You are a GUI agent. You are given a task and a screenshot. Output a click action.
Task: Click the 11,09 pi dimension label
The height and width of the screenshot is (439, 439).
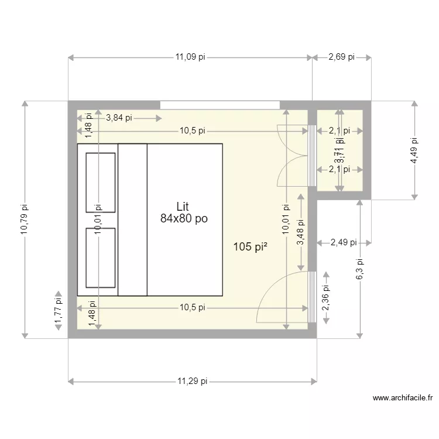pos(190,57)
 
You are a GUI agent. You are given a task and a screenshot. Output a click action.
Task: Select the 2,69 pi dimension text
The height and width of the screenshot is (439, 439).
pos(341,57)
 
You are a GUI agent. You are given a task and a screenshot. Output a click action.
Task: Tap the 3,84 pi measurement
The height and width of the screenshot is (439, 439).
pos(119,118)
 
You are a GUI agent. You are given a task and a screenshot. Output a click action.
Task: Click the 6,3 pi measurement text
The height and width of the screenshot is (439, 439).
pos(360,269)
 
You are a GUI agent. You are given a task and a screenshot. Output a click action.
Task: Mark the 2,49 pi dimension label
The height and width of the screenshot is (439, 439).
pos(344,242)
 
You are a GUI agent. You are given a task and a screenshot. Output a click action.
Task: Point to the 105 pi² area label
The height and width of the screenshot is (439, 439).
pos(251,247)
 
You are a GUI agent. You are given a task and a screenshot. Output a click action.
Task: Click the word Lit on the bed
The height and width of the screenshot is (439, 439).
pos(183,207)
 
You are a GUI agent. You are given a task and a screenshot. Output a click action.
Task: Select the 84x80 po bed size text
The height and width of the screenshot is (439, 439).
pos(183,218)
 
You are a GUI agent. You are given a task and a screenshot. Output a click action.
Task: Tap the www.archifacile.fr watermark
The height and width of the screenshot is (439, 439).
pos(403,399)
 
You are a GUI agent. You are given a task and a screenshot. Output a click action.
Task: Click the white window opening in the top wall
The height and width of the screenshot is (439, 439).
pos(220,105)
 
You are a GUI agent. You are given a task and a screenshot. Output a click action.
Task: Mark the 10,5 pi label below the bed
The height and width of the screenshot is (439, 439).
pos(192,307)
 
